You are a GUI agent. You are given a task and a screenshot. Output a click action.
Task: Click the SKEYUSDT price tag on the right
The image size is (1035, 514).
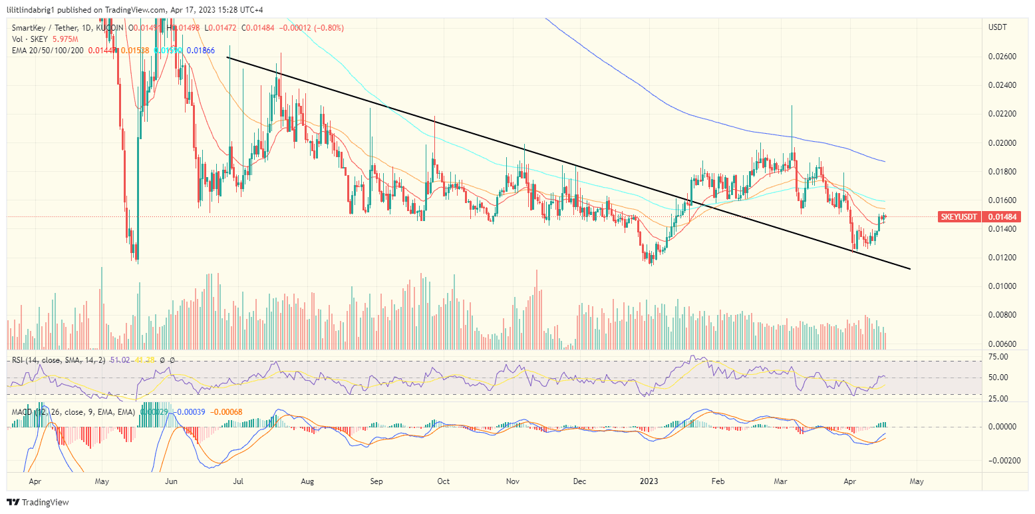[958, 216]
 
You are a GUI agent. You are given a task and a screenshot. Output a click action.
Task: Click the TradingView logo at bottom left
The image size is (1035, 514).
[38, 502]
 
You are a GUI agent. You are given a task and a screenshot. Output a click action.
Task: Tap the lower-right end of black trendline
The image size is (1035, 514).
[909, 269]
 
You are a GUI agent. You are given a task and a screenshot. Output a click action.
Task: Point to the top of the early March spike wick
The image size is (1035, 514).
[792, 105]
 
